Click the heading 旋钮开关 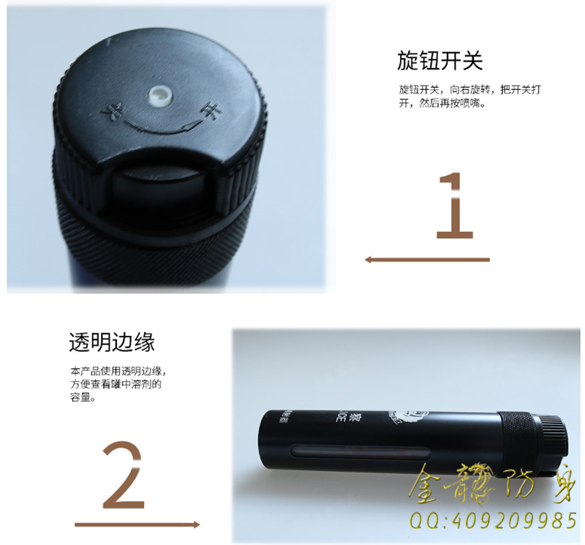click(439, 60)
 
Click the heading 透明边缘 click(111, 342)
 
